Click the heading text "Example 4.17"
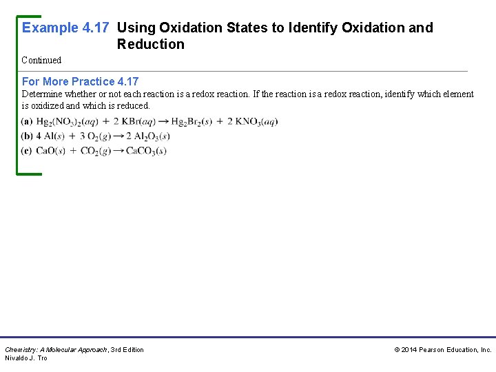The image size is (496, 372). point(66,28)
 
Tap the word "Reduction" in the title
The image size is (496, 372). point(151,45)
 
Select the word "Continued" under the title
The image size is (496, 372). point(41,61)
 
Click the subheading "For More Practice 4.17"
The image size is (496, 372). point(80,81)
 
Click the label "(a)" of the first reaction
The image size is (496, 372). point(27,122)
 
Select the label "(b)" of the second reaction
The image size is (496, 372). point(27,136)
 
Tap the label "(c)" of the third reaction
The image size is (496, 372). point(27,151)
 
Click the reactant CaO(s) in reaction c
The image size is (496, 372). point(51,151)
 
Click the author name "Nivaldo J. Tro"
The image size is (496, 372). point(26,358)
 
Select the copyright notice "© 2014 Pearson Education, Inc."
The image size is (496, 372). point(442,350)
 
